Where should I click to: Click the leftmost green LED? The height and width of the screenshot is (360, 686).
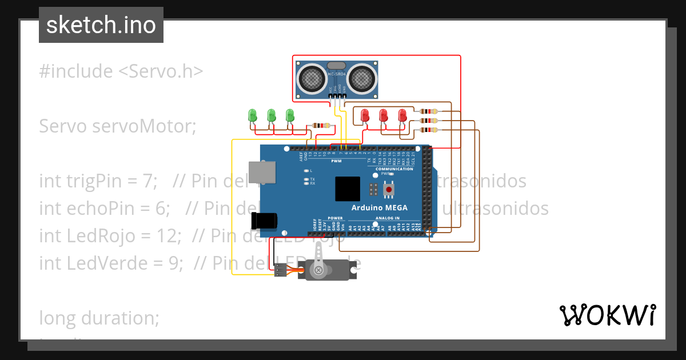[252, 115]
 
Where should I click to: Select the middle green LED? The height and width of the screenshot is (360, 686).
[272, 115]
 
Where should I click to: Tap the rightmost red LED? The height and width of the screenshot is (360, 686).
[402, 115]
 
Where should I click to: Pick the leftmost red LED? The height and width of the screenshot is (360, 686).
[365, 115]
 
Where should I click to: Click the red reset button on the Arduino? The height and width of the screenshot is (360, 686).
[389, 189]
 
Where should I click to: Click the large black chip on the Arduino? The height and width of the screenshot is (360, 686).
[348, 189]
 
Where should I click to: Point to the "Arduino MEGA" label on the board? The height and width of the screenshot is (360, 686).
[379, 208]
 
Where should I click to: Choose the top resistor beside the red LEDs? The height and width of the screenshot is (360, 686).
[428, 111]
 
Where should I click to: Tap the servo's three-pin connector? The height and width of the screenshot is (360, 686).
[280, 272]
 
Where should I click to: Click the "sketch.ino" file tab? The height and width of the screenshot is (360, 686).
[101, 25]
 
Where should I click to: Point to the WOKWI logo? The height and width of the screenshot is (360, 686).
[607, 315]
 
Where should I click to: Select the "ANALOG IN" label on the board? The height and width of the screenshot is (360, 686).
[388, 218]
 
